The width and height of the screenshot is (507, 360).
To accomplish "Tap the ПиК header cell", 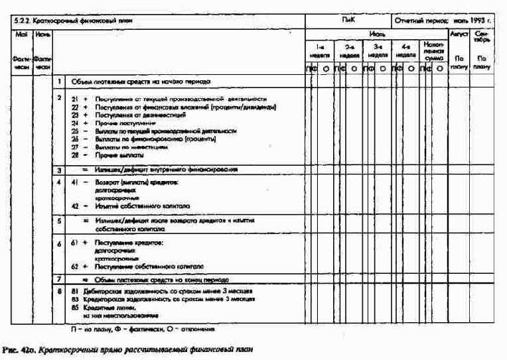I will click(x=348, y=21).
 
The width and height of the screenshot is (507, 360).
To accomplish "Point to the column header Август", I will click(x=459, y=32).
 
